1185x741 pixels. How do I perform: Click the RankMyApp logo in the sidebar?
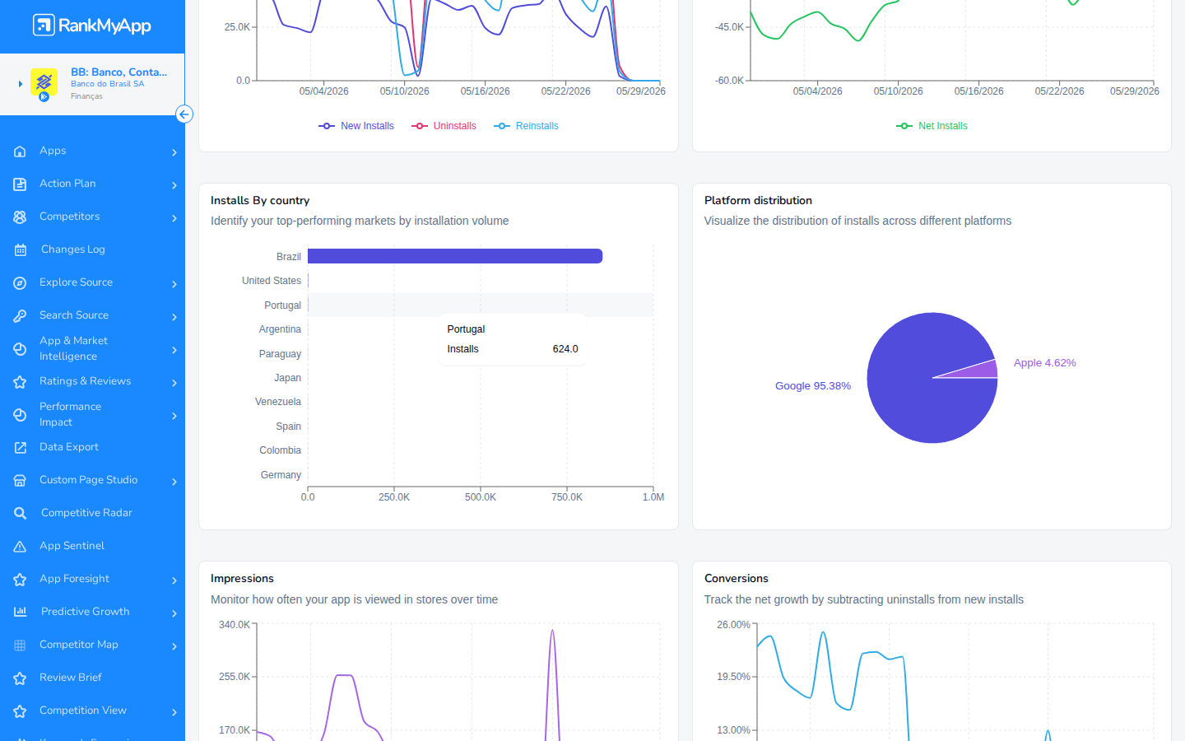92,25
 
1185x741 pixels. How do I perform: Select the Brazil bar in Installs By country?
455,256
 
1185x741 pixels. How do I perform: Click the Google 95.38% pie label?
812,386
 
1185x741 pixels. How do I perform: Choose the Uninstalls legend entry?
444,126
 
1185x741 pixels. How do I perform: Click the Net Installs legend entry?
932,126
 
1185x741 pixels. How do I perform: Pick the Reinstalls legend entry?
527,126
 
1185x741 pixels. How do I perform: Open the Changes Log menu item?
73,249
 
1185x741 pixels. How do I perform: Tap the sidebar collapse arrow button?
184,114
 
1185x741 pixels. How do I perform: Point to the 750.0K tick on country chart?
567,497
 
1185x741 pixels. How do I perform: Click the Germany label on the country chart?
281,475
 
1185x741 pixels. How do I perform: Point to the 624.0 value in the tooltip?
565,349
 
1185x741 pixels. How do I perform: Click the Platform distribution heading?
758,201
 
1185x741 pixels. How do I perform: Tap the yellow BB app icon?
44,82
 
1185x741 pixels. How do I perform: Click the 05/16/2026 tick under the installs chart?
486,91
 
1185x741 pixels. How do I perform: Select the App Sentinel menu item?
72,546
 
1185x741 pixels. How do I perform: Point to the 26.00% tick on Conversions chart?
733,625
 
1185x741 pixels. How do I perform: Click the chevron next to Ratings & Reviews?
174,383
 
